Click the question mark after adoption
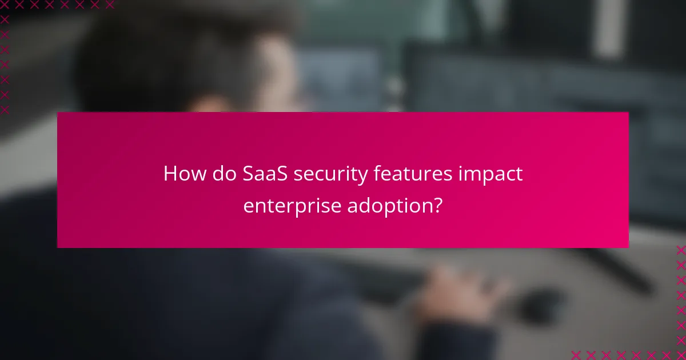pyautogui.click(x=437, y=205)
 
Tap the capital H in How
pyautogui.click(x=169, y=174)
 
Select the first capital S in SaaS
pyautogui.click(x=247, y=174)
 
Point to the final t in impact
pyautogui.click(x=519, y=174)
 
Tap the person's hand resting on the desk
pyautogui.click(x=457, y=286)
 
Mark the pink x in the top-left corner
pyautogui.click(x=5, y=5)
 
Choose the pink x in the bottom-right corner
pyautogui.click(x=680, y=354)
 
